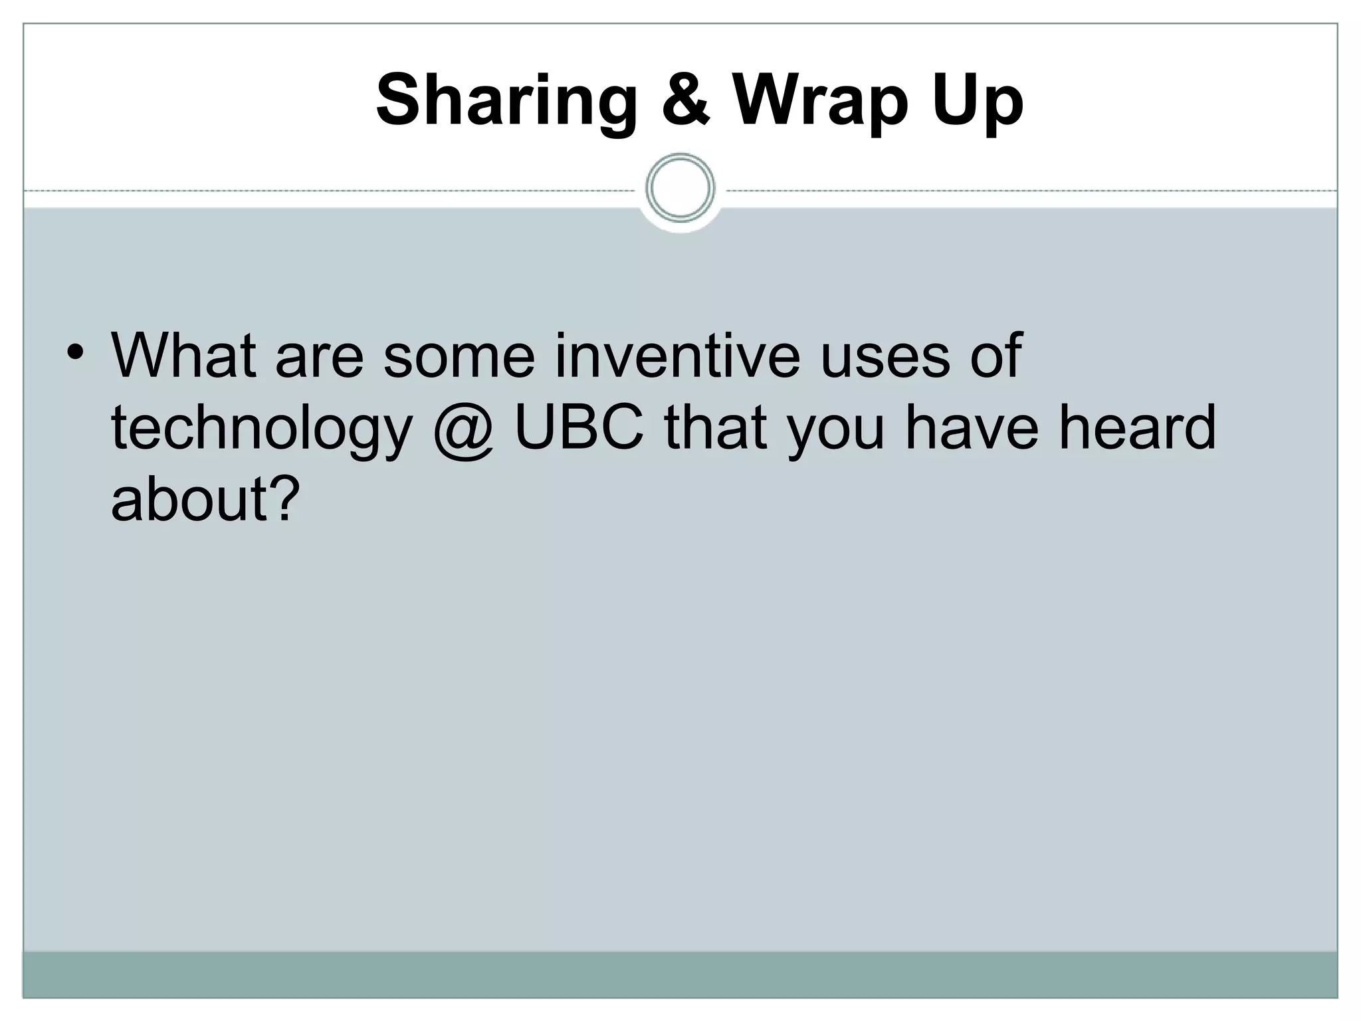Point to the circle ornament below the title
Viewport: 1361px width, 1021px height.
coord(680,188)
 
